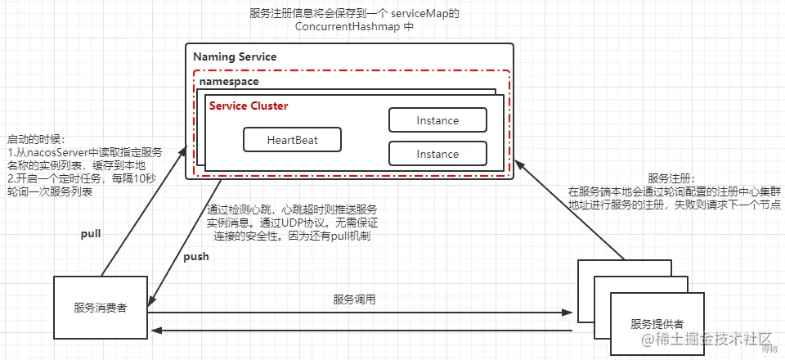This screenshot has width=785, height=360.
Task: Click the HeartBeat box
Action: (292, 140)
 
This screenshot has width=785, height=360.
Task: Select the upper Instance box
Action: (437, 120)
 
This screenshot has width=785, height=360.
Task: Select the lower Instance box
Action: (437, 154)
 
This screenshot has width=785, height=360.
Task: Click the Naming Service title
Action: (235, 57)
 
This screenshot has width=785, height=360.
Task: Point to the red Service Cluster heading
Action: (249, 106)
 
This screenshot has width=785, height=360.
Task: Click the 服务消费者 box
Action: (101, 308)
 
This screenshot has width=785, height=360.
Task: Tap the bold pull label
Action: (90, 234)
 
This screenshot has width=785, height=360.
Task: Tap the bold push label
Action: (195, 256)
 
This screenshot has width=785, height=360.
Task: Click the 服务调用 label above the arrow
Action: (354, 299)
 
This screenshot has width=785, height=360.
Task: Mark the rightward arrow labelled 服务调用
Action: (360, 312)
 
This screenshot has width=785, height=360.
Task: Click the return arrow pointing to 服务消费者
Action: (360, 331)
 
